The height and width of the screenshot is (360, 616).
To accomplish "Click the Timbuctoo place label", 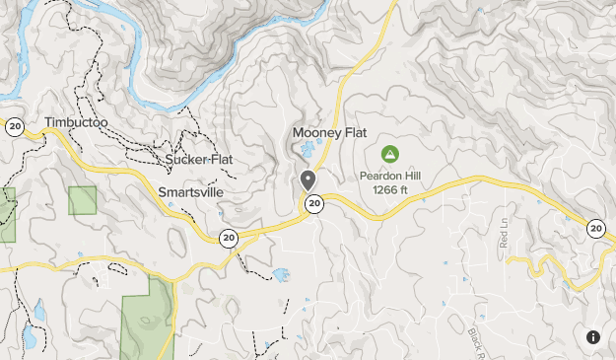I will pos(75,123).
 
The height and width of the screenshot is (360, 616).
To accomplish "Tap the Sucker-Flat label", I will pos(199,159).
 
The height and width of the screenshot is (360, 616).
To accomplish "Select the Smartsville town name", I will pos(197,192).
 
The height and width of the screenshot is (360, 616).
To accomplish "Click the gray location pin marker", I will pos(308,180).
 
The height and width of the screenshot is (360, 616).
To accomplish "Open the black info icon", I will pos(593,336).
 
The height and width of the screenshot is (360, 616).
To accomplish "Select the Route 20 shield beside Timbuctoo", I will pos(14,126).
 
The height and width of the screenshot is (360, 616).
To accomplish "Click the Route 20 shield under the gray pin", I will pos(313,203).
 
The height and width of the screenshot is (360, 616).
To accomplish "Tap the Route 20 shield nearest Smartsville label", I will pos(229,238).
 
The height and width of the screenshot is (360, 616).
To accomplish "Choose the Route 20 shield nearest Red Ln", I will pos(595,229).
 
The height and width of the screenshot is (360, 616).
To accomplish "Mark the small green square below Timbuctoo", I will pos(83,200).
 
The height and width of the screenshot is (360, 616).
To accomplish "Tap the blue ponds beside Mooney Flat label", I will pos(308,151).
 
